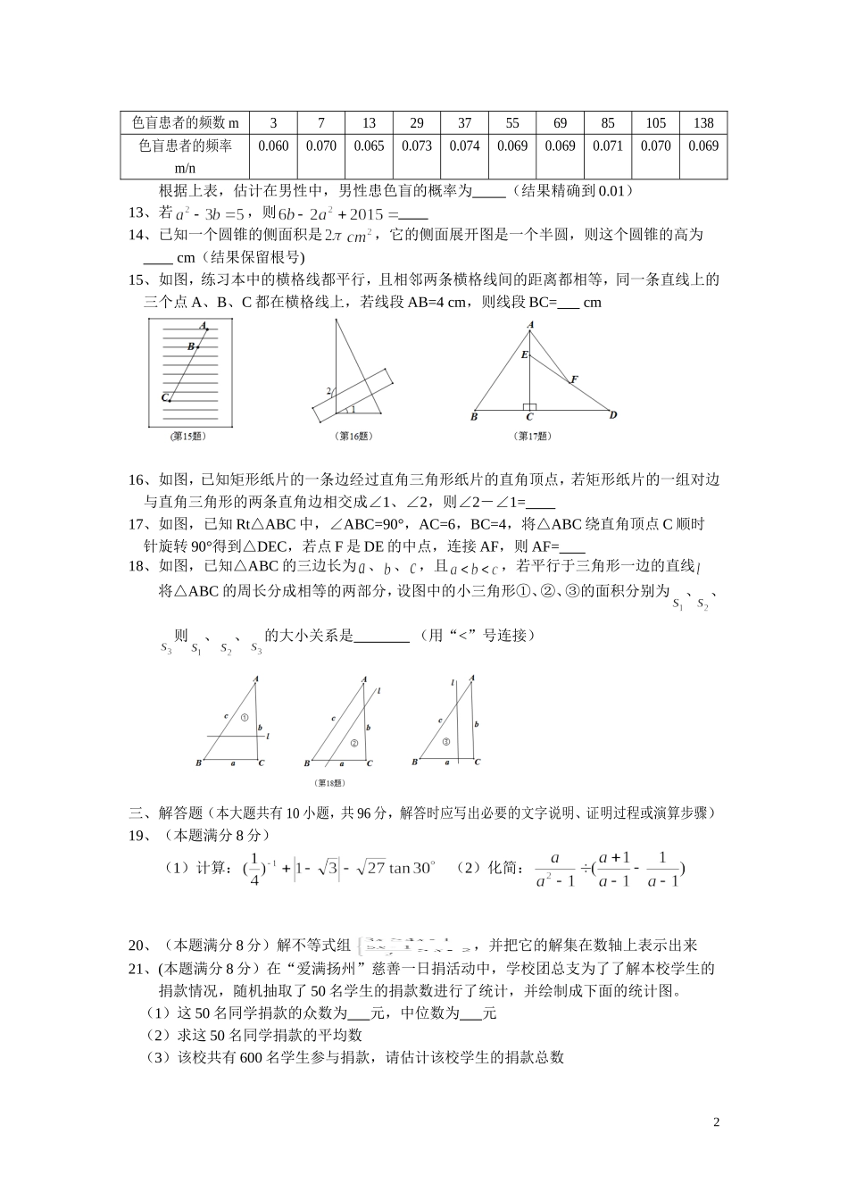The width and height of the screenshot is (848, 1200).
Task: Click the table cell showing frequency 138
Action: pos(703,123)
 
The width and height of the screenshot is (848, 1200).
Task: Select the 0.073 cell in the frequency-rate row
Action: pos(417,146)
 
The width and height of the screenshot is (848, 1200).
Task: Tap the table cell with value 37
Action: pos(464,123)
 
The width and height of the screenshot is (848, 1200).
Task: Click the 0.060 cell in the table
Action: pos(272,146)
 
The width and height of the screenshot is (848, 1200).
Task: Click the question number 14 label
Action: pos(137,235)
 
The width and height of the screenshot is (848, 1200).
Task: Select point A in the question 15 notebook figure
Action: pos(204,326)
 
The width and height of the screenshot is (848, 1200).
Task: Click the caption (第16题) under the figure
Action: pos(353,436)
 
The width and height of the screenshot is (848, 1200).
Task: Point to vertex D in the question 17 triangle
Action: pos(613,414)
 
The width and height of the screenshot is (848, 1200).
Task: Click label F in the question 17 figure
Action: pos(575,379)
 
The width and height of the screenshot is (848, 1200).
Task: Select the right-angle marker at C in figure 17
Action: pos(530,406)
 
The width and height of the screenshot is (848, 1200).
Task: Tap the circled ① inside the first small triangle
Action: pos(244,717)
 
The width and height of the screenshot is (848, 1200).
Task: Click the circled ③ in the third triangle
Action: pos(445,741)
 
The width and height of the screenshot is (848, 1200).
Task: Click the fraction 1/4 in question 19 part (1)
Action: pos(254,868)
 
